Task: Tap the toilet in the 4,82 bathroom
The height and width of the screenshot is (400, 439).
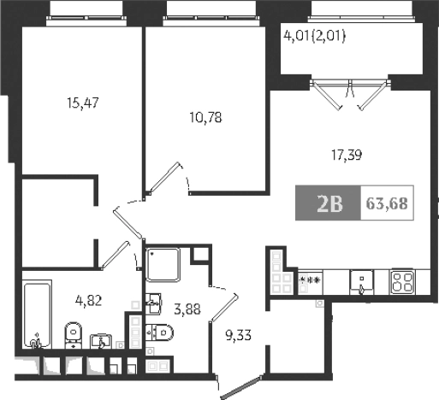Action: pyautogui.click(x=74, y=333)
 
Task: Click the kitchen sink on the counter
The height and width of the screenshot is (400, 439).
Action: pyautogui.click(x=361, y=280)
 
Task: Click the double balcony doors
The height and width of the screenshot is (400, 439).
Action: pyautogui.click(x=346, y=93)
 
